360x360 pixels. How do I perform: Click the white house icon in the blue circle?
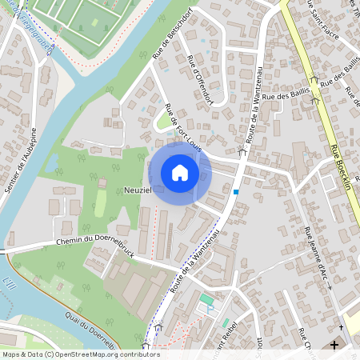coord(180,173)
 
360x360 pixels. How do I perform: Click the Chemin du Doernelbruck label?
coord(94,241)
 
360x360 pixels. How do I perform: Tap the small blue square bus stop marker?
coord(236,192)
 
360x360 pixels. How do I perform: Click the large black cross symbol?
coord(334,345)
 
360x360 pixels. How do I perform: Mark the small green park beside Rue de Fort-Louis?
coord(164,121)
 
